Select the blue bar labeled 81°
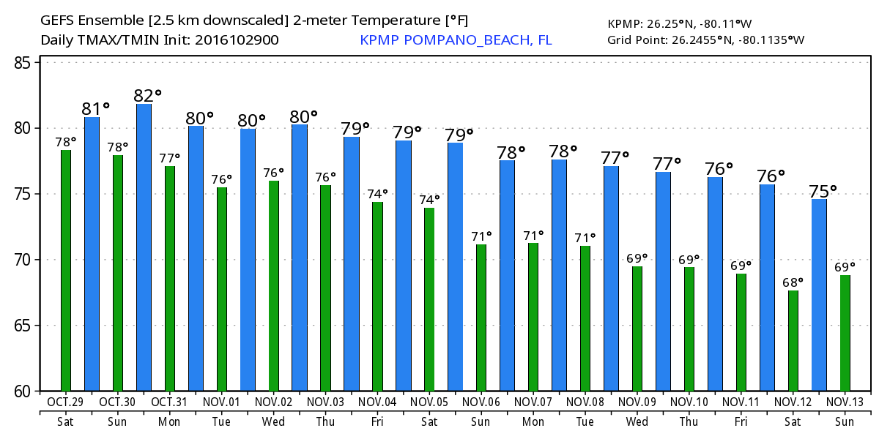tap(92, 254)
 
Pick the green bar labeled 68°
tap(793, 340)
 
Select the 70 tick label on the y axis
tap(23, 260)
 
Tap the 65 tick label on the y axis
tap(23, 326)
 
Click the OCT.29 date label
tap(66, 402)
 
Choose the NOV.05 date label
tap(429, 402)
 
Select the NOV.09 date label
tap(637, 402)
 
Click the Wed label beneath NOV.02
tap(273, 421)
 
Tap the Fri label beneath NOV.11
tap(741, 421)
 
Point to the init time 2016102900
tap(236, 40)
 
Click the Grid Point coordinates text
tap(705, 40)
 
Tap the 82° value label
tap(147, 96)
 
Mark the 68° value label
tap(793, 282)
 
